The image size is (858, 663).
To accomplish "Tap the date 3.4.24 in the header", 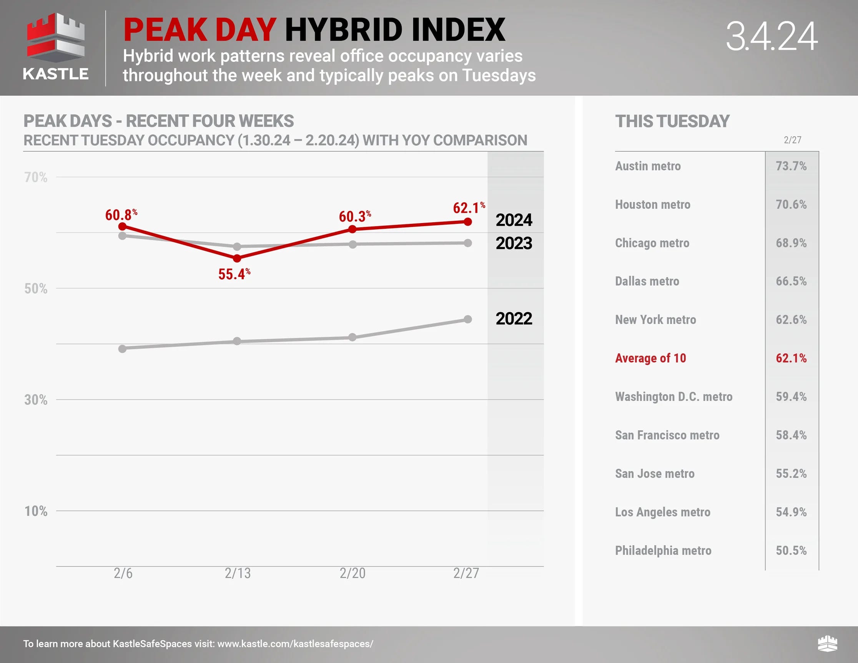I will click(x=772, y=36).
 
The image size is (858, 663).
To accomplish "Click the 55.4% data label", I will click(x=234, y=274).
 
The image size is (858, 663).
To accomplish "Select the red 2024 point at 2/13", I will click(x=237, y=258).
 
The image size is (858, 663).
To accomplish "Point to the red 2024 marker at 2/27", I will click(x=467, y=222).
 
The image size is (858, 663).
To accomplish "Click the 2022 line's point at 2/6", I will click(x=122, y=348).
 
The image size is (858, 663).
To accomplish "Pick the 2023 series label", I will click(x=514, y=243).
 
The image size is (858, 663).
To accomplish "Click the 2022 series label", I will click(x=514, y=318).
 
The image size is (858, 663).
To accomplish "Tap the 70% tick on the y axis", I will click(x=36, y=177).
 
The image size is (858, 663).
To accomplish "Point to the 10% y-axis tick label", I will click(x=36, y=511).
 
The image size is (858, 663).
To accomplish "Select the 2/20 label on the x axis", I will click(x=353, y=573).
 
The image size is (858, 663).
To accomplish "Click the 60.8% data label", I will click(x=121, y=215).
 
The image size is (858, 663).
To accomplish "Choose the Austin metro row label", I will click(x=648, y=166).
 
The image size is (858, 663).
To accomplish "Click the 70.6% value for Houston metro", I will click(x=791, y=204).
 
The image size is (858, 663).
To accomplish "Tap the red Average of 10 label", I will click(x=650, y=358).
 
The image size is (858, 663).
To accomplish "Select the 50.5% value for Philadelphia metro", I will click(x=791, y=550).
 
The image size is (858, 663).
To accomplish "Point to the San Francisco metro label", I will click(x=667, y=435).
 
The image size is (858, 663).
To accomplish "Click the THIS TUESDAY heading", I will click(x=672, y=121).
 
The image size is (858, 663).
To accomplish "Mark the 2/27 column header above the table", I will click(x=792, y=140).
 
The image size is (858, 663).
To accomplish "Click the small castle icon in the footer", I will click(x=827, y=643).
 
